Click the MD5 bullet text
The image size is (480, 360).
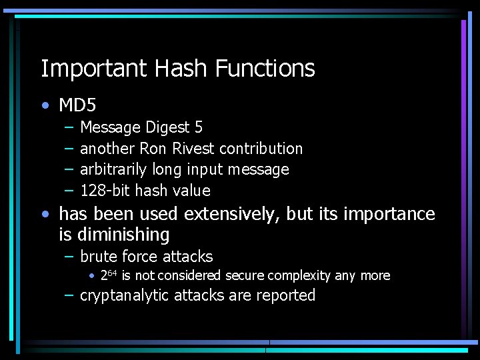coord(78,105)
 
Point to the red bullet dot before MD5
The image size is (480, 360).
coord(45,105)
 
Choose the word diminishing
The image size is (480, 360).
coord(123,235)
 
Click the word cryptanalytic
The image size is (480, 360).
coord(125,295)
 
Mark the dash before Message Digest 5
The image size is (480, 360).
coord(69,127)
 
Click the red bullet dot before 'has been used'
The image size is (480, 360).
coord(45,215)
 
